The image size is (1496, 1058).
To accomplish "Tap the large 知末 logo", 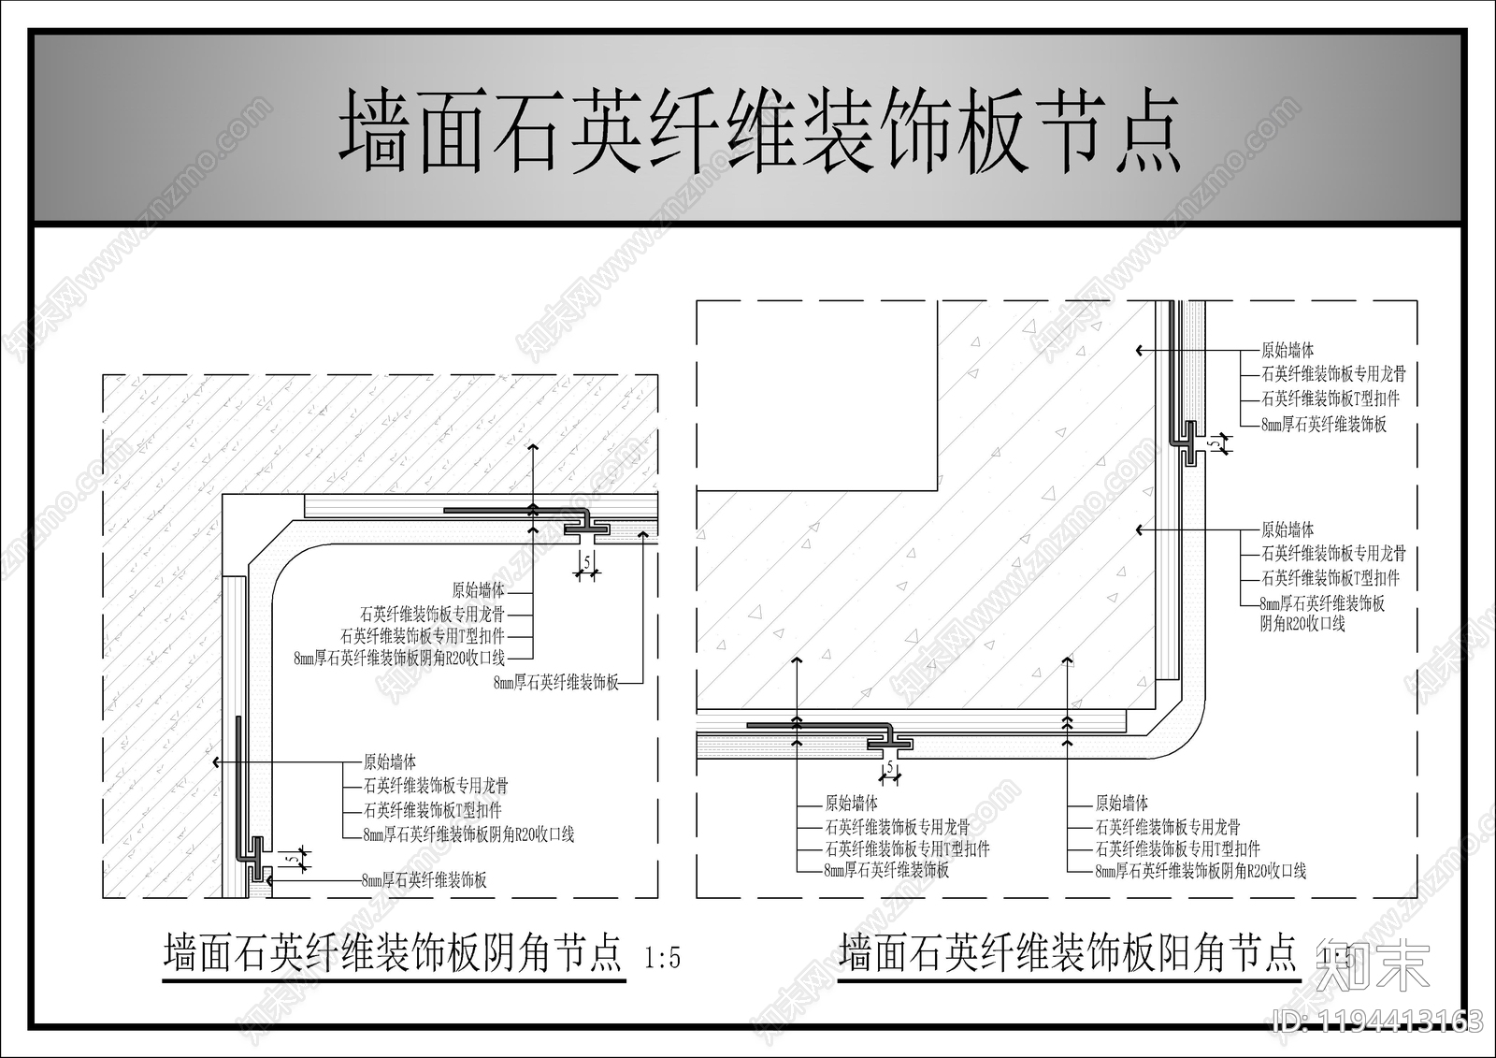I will (1374, 967).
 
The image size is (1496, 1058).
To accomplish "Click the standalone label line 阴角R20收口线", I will (1302, 624).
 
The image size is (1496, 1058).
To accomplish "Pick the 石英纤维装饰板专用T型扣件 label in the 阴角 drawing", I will (423, 636).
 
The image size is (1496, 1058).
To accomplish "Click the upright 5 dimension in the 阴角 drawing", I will (586, 561).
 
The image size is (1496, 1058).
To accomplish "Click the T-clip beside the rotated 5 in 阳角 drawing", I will (1188, 443).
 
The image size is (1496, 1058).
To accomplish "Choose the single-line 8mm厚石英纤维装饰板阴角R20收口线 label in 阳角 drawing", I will (1201, 871).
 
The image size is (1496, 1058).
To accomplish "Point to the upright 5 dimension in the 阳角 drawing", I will (889, 768).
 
